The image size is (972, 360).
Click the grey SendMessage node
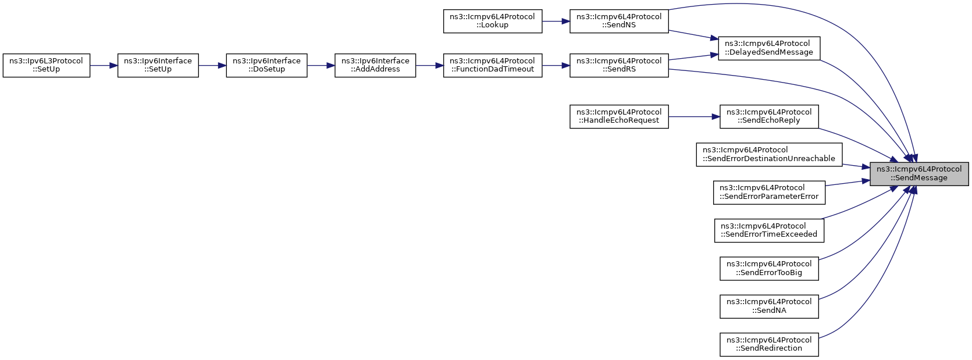point(919,174)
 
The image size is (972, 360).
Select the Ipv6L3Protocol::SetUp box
point(47,66)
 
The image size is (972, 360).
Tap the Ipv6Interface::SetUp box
point(158,66)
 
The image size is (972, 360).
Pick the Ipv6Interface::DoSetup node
point(266,66)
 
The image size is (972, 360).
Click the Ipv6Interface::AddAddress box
point(375,66)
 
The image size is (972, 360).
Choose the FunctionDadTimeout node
point(493,66)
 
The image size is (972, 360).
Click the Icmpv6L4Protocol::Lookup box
point(493,22)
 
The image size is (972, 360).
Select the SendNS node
point(619,22)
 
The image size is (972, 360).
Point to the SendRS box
point(619,66)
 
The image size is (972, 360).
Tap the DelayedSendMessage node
point(769,49)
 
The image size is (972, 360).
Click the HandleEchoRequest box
point(619,117)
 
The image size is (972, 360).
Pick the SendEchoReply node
point(769,117)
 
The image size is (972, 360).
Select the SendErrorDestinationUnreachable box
point(769,155)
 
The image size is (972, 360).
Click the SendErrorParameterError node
point(769,193)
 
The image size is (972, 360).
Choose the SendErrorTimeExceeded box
point(769,231)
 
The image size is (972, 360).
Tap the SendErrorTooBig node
point(769,269)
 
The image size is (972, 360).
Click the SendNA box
point(769,306)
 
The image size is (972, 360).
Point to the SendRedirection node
point(769,345)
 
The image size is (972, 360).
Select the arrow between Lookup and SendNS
point(556,22)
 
